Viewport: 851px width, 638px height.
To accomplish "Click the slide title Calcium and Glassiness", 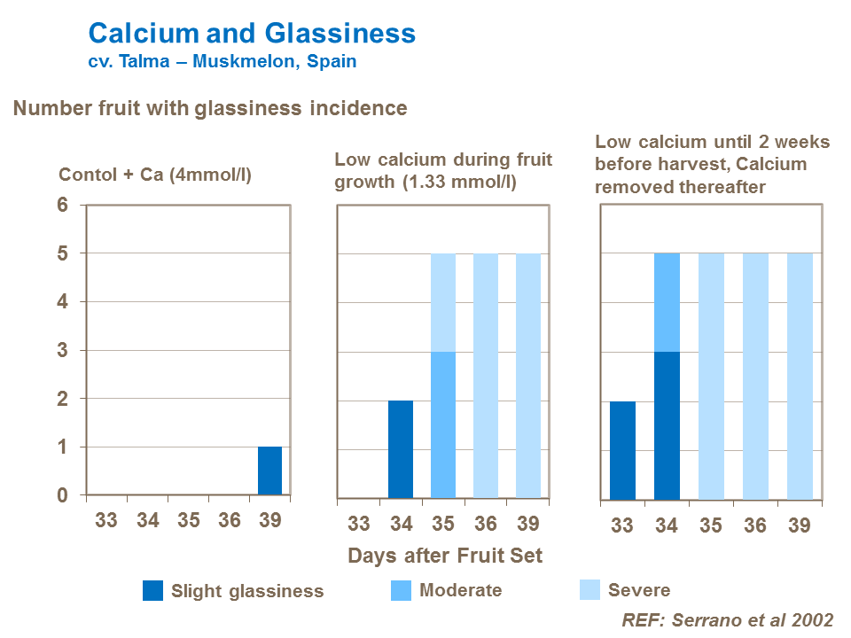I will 252,34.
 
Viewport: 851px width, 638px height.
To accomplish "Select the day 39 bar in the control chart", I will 269,471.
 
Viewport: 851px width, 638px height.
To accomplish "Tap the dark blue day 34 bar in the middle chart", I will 401,449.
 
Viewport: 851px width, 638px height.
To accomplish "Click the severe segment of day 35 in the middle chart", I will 443,302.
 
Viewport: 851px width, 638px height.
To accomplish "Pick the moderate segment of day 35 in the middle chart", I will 443,424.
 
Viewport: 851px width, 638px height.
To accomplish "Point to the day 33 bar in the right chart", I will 622,450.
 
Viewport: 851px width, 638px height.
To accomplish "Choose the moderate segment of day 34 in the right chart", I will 667,302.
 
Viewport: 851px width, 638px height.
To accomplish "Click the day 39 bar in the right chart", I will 800,376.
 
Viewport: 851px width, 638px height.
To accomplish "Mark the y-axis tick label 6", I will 62,205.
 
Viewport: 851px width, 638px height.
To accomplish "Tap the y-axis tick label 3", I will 62,350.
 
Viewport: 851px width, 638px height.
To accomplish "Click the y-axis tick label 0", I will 62,495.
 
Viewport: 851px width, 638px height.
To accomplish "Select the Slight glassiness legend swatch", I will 153,591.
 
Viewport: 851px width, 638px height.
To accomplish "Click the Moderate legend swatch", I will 402,590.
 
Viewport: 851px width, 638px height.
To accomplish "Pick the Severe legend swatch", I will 590,590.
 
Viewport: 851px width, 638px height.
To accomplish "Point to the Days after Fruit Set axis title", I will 445,556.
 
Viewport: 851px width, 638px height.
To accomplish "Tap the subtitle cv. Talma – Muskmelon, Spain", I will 222,62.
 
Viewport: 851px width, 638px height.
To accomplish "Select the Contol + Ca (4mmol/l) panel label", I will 155,175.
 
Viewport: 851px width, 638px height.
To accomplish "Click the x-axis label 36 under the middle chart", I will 486,524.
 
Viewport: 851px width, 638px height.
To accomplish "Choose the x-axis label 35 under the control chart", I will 188,520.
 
